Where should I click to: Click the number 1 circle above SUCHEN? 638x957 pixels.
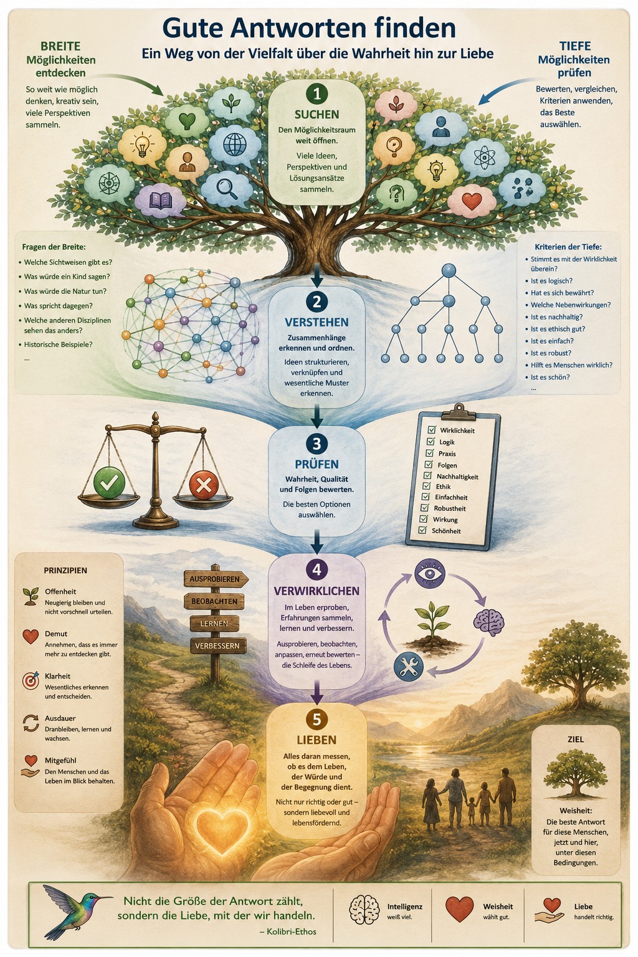click(x=317, y=93)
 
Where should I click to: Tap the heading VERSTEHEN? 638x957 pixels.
click(x=317, y=322)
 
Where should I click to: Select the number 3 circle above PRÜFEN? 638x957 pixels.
click(x=317, y=444)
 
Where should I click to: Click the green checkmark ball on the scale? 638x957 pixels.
click(x=109, y=483)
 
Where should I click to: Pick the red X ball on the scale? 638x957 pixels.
click(x=203, y=485)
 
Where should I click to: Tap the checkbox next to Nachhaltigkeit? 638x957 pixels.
click(x=427, y=475)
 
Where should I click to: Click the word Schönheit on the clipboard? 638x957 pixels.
click(x=446, y=531)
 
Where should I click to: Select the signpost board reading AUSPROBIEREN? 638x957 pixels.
click(x=216, y=579)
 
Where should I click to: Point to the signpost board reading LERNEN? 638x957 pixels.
click(x=214, y=623)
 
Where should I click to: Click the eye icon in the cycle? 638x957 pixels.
click(x=430, y=573)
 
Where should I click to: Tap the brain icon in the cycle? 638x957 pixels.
click(x=488, y=621)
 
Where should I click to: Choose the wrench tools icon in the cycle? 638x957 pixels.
click(x=409, y=667)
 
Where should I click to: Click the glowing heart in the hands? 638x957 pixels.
click(x=222, y=830)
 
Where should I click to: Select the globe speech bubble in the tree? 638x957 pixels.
click(x=234, y=144)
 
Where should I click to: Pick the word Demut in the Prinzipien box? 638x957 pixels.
click(x=56, y=634)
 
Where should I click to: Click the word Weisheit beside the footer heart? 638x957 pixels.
click(x=498, y=906)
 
